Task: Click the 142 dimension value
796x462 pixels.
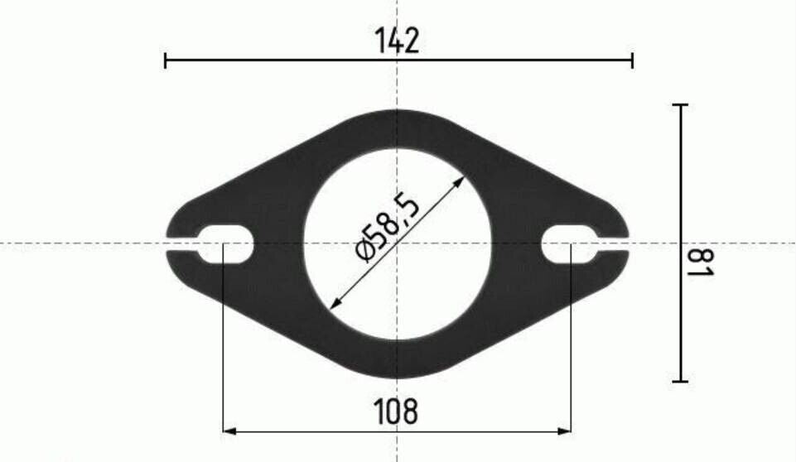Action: [x=397, y=41]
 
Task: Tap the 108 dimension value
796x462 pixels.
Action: [x=396, y=411]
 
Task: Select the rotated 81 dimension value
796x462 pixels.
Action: [x=701, y=263]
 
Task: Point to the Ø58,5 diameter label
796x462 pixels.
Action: [x=387, y=225]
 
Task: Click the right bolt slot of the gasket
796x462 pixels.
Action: [x=571, y=243]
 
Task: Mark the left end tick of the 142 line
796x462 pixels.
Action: [x=166, y=60]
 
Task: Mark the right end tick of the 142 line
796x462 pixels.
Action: [x=633, y=60]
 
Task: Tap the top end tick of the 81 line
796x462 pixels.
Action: [x=680, y=105]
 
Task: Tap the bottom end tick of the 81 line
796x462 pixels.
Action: [x=680, y=381]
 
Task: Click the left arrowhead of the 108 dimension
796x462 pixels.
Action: [x=230, y=431]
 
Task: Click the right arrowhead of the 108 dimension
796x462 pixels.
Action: [x=565, y=431]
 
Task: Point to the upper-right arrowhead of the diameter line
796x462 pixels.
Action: [x=459, y=180]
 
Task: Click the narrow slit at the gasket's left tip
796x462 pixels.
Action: [x=182, y=243]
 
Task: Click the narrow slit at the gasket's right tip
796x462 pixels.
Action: [x=613, y=243]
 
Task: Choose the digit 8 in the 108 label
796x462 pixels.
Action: [x=410, y=411]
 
